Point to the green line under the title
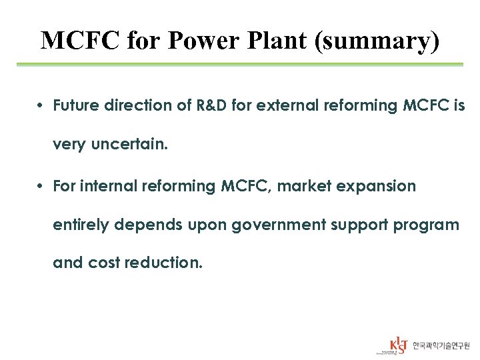(240, 65)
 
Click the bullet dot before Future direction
(41, 105)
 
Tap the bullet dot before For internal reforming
(41, 186)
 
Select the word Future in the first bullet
(75, 105)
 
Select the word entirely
(81, 225)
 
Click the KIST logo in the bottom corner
(398, 345)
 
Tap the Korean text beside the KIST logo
(441, 346)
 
